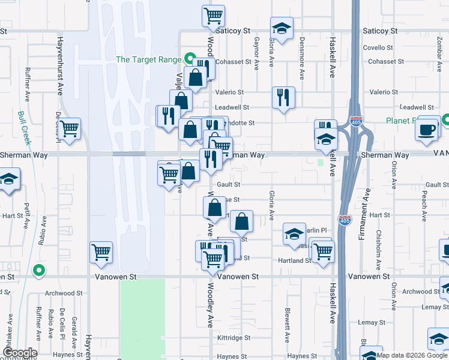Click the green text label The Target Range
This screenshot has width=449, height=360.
point(148,59)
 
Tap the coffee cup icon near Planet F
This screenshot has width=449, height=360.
point(428,130)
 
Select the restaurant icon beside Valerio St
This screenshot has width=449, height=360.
point(283,97)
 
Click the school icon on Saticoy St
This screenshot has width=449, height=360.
point(280,29)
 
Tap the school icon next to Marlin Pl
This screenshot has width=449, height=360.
point(294,235)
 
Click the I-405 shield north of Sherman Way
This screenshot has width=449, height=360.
point(356,121)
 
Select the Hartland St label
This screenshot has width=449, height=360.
point(294,260)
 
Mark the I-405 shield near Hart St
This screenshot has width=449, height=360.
point(345,220)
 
